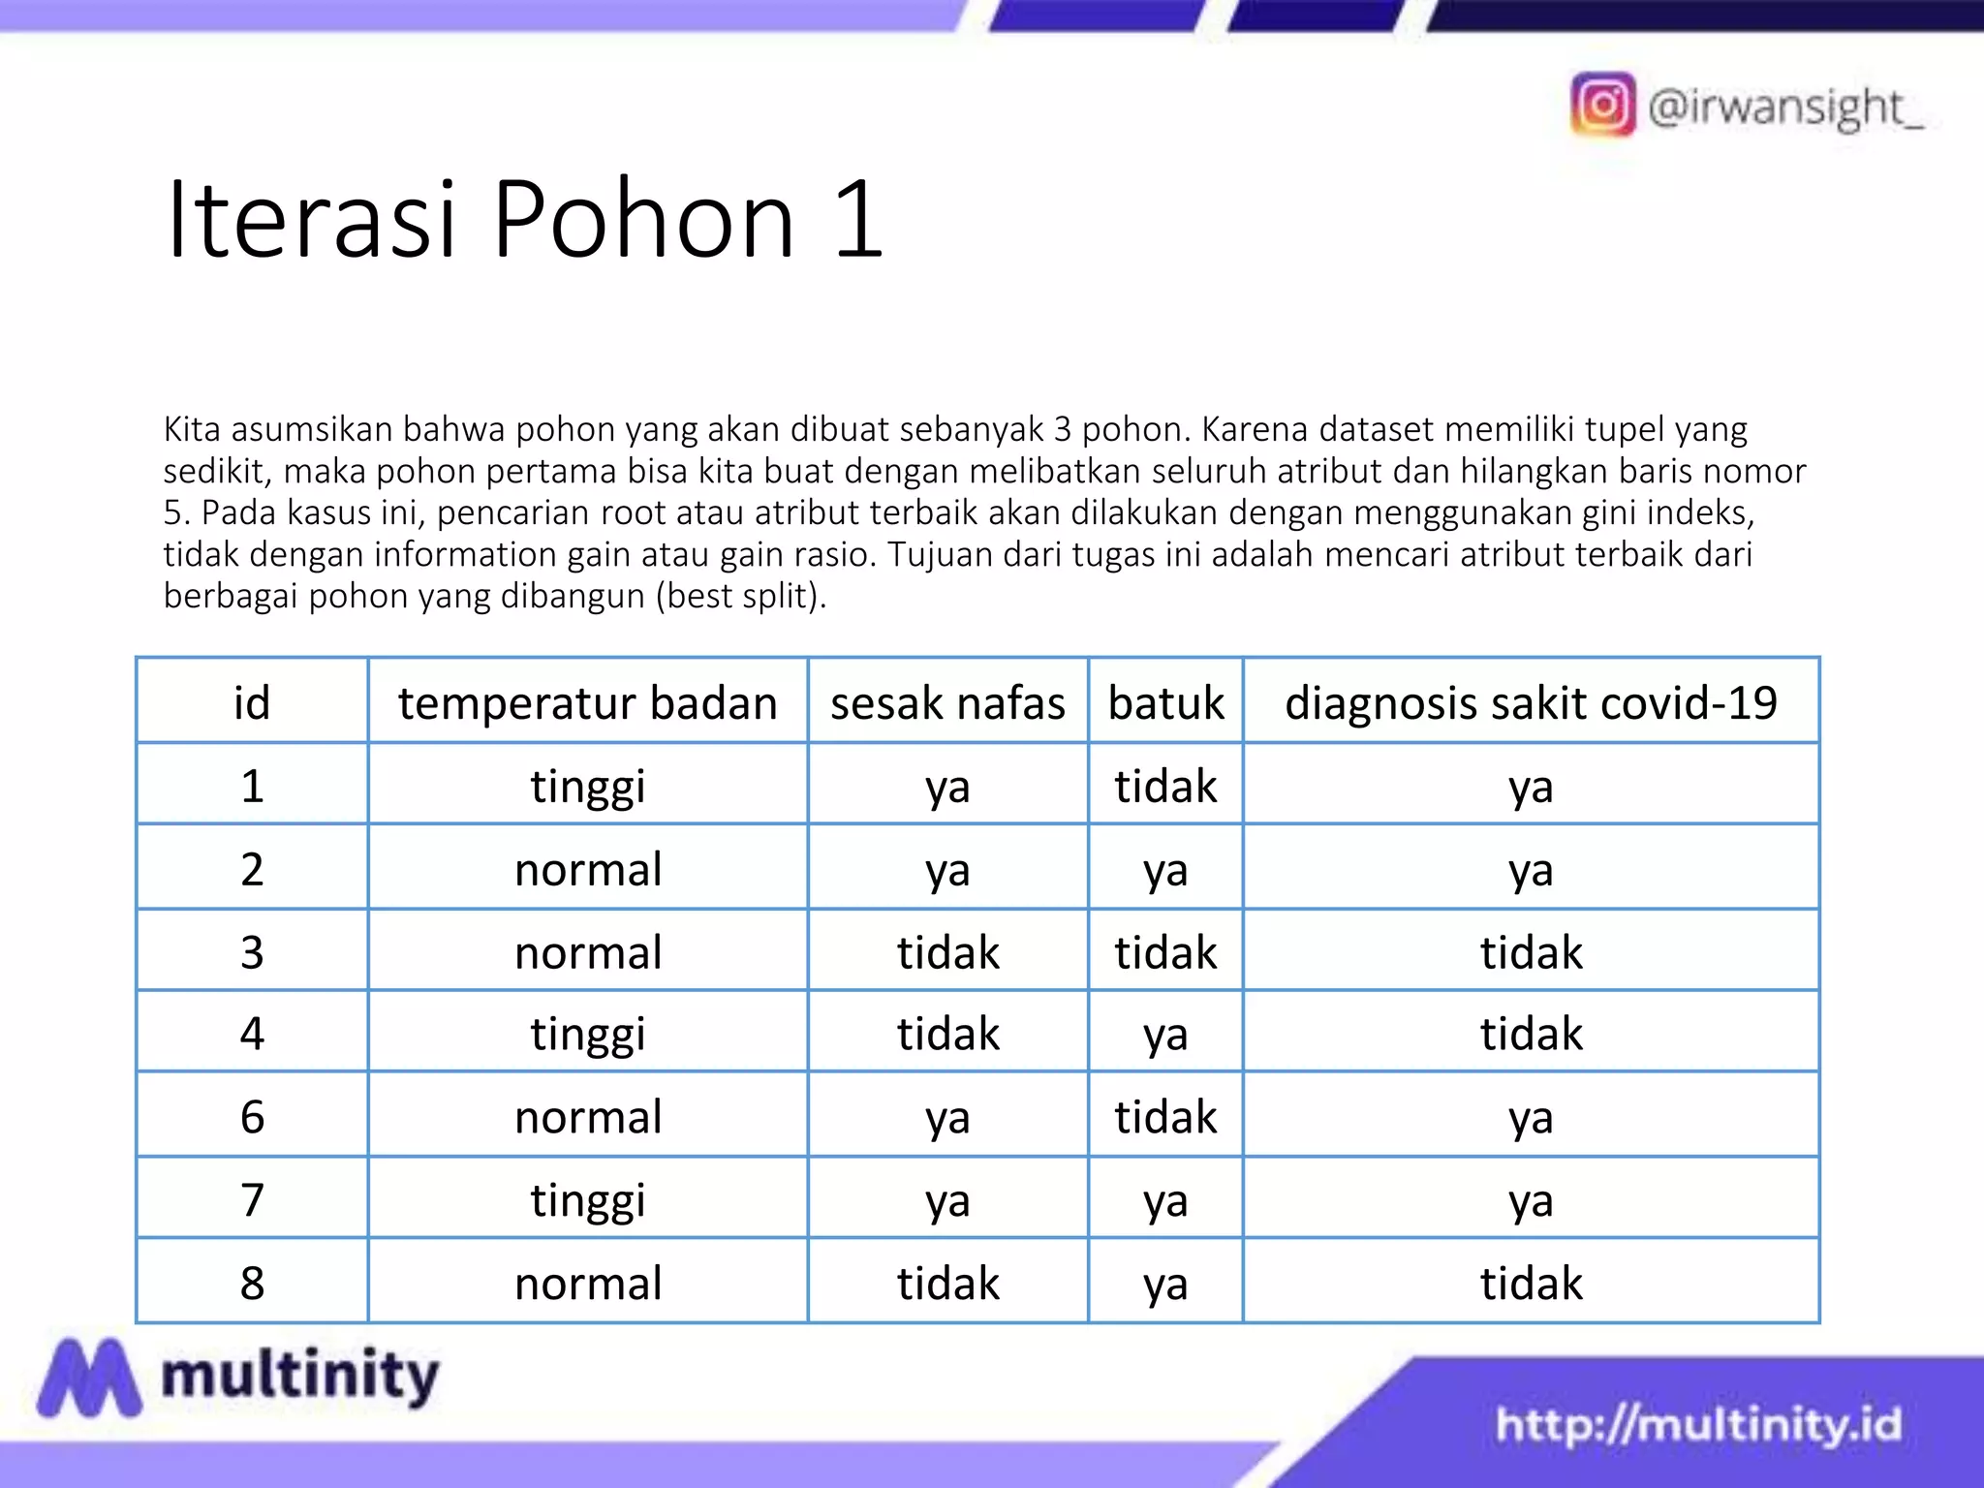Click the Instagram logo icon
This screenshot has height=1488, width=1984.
point(1602,105)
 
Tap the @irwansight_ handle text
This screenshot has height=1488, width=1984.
point(1784,108)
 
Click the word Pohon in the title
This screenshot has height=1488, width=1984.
point(643,220)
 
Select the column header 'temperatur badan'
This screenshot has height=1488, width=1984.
point(587,702)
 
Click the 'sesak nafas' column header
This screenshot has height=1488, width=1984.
point(947,702)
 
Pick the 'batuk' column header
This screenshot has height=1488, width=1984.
point(1165,702)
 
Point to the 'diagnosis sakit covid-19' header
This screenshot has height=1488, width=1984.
point(1531,702)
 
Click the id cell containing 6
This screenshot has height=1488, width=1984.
point(252,1116)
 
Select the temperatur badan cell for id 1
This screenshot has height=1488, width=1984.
point(587,785)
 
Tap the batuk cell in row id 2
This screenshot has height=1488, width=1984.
point(1165,869)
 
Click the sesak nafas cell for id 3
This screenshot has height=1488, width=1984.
point(947,951)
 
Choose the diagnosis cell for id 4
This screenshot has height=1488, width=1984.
point(1531,1033)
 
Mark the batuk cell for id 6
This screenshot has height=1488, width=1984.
point(1165,1116)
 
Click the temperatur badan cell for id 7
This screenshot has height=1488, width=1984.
point(587,1199)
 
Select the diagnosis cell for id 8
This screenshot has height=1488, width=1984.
point(1531,1283)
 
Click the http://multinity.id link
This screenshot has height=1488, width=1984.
point(1698,1424)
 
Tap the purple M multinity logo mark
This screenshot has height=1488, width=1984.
point(89,1377)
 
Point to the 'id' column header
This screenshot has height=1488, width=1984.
point(252,702)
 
